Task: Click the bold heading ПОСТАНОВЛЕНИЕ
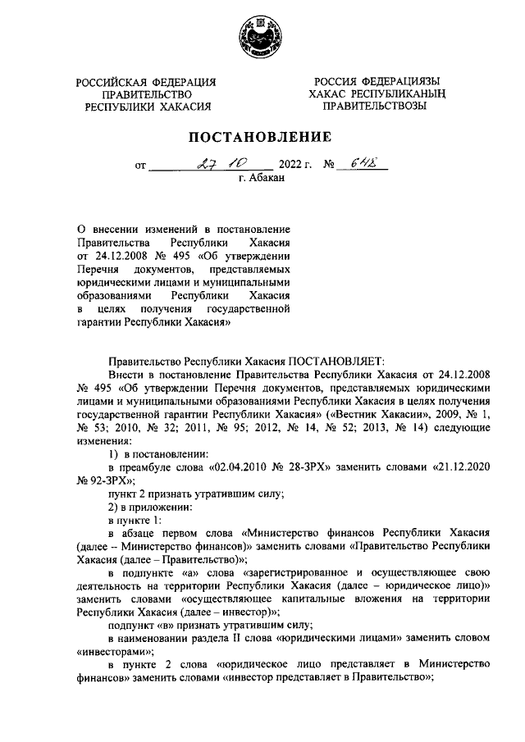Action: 262,136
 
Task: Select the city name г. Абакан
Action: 261,177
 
